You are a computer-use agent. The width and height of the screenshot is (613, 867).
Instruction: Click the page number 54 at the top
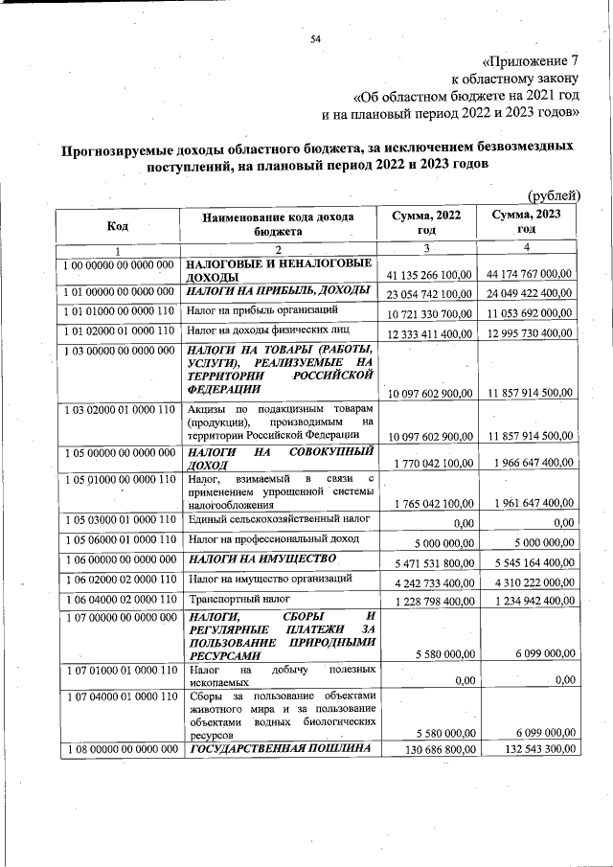(x=315, y=38)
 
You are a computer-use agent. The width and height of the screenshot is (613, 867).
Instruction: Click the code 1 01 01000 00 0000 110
(x=118, y=311)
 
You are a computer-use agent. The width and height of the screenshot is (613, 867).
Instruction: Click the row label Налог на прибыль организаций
(x=261, y=311)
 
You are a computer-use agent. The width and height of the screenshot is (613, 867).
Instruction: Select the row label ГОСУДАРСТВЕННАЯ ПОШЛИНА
(x=278, y=747)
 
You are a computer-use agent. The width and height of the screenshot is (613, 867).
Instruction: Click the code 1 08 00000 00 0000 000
(x=118, y=747)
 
